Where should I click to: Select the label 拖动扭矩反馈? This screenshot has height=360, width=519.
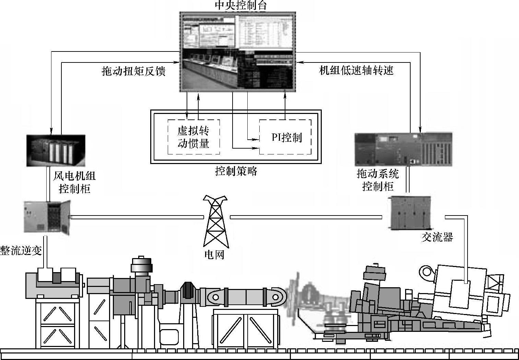[134, 71]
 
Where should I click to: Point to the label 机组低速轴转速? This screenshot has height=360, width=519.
[356, 70]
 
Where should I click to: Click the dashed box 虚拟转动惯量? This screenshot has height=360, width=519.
[193, 137]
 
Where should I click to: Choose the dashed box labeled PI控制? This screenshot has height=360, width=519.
[285, 137]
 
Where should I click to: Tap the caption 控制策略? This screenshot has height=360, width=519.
[236, 171]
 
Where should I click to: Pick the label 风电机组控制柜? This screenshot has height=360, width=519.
[74, 182]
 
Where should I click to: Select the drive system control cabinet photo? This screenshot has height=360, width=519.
[403, 150]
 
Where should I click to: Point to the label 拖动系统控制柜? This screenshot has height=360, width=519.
[378, 180]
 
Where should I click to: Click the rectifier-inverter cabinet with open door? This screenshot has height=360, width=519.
[47, 218]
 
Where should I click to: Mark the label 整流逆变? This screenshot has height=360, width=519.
[21, 251]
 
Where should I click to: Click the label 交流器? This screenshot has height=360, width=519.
[437, 237]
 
